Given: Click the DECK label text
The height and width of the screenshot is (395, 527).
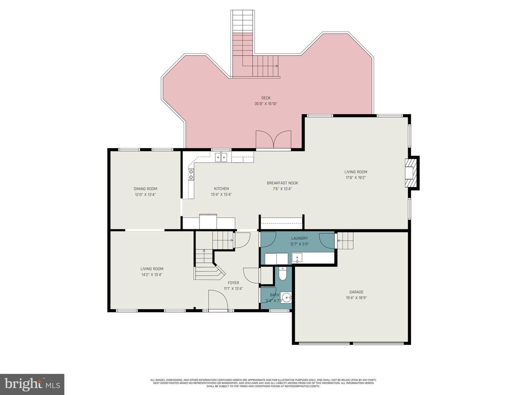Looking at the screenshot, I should point(266,98).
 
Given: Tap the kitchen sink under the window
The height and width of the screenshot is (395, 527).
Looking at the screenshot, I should point(221,158).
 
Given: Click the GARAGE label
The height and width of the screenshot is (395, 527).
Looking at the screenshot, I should point(356,292).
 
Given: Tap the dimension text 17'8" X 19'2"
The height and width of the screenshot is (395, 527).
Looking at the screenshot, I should point(356,178).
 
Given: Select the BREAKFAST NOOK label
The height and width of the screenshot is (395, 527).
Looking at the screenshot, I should point(282,183).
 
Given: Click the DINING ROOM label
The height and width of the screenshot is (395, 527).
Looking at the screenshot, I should point(145,189).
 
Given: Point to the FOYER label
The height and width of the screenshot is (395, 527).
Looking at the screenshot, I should point(233,283).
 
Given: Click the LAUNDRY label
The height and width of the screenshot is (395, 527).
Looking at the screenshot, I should point(299,238).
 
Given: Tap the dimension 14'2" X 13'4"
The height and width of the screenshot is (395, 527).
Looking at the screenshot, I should point(152,275).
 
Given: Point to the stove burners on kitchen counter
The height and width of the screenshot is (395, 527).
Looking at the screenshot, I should point(191,174).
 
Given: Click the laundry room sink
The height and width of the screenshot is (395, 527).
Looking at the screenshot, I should point(297,258).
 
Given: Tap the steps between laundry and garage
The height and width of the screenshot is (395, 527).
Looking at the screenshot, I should point(345,241).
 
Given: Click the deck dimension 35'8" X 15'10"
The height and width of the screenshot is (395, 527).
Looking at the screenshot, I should point(266,104).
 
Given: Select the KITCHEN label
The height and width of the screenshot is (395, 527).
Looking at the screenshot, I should point(221,189).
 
